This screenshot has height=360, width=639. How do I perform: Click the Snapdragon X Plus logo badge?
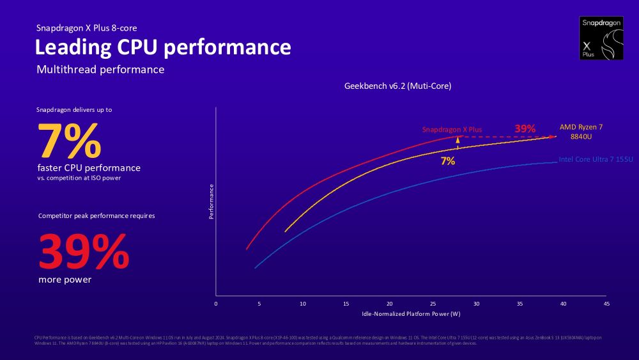point(601,38)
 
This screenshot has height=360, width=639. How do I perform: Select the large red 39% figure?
point(84,251)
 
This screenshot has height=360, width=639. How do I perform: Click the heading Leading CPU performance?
point(162,47)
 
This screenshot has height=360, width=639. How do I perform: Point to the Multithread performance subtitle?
point(100,69)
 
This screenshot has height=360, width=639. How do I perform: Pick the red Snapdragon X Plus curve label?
point(452,130)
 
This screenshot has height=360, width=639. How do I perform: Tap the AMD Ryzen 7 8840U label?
point(581,132)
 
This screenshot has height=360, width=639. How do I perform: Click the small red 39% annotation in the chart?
point(525,129)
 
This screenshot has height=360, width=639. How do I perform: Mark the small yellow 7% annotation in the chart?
point(448,161)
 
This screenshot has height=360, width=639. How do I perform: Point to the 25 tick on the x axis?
point(433,304)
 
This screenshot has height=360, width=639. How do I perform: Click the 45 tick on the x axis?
point(606,304)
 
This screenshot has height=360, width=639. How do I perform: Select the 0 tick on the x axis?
point(216,304)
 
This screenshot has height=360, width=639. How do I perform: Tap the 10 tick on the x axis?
point(302,304)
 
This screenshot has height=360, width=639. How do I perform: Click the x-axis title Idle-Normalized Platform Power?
point(411,314)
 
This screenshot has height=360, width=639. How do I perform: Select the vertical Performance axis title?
point(212,202)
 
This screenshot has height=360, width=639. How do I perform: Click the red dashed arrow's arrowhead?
point(553,137)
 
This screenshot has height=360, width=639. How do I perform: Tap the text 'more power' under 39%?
point(65,279)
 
